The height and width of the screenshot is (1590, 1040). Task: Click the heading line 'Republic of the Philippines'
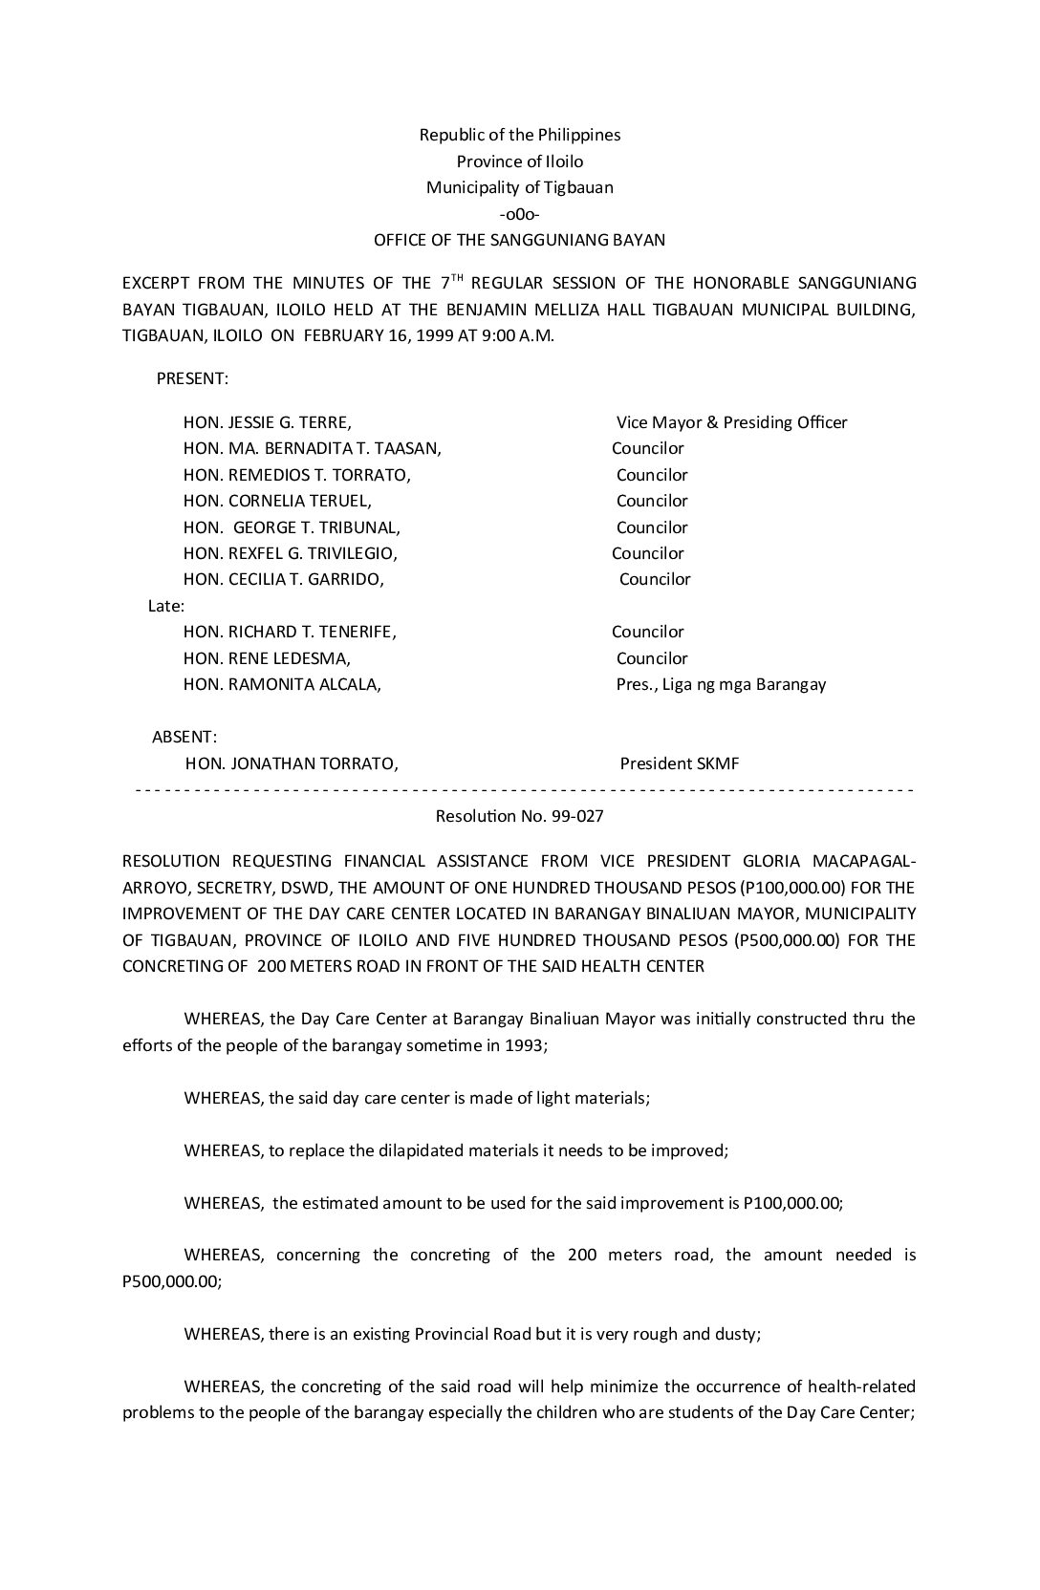(x=520, y=135)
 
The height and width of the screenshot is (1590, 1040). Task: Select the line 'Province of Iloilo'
(x=520, y=161)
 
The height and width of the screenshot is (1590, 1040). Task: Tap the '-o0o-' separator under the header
(x=520, y=214)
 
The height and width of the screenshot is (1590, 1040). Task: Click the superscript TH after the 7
(x=458, y=278)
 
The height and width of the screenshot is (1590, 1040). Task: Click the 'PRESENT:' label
(x=192, y=378)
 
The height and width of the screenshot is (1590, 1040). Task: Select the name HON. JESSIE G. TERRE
(x=267, y=422)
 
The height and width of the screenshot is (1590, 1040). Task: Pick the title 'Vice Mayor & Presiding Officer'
(x=731, y=422)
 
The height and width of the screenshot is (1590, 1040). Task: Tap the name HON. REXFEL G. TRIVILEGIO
(x=291, y=553)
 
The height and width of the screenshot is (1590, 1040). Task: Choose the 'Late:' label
(x=166, y=606)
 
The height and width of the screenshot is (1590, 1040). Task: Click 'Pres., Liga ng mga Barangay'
(x=721, y=684)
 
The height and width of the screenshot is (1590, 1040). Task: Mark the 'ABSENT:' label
(x=184, y=737)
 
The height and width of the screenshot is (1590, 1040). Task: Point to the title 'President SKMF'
(x=679, y=763)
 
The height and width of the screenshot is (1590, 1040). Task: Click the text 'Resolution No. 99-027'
(x=520, y=816)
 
